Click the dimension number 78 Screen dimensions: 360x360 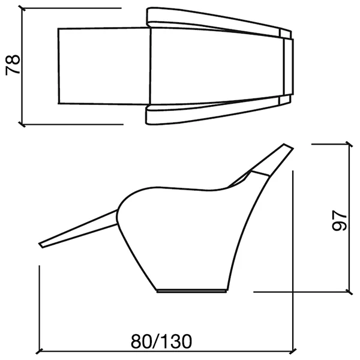[x=13, y=65]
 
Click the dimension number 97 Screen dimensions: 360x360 [x=339, y=220]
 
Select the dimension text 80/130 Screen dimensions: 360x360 [x=161, y=341]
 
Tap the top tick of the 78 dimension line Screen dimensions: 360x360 [x=22, y=8]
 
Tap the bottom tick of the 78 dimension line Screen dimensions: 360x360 [x=22, y=125]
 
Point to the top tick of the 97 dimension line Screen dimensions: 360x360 [x=349, y=144]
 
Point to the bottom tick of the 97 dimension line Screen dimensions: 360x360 [x=349, y=292]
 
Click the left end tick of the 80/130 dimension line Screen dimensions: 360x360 [x=40, y=351]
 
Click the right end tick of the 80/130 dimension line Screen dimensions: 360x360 [x=293, y=351]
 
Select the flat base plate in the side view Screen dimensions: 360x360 [x=191, y=291]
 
